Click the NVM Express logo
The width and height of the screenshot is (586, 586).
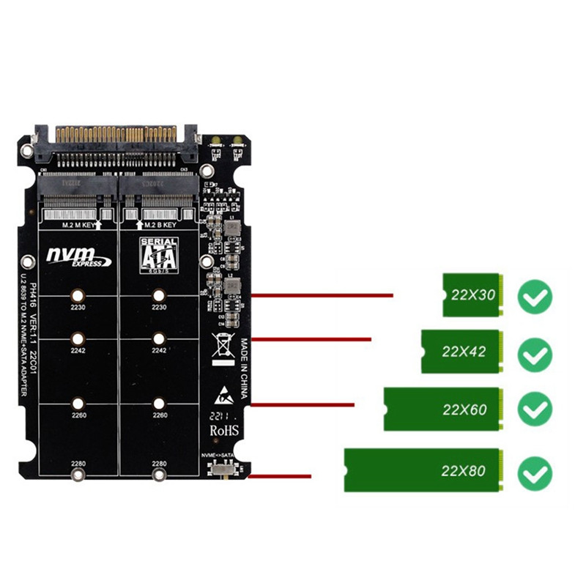tap(78, 256)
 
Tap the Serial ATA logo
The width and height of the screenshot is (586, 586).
tap(158, 255)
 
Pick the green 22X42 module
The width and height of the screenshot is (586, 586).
tap(461, 351)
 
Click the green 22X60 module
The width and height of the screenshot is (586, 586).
tap(444, 409)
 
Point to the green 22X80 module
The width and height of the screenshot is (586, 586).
tap(424, 470)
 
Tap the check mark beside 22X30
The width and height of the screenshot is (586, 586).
tap(535, 296)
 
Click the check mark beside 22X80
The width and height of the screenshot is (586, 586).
tap(535, 472)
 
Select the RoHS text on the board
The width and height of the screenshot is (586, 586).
tap(225, 431)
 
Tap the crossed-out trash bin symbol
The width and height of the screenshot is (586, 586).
tap(221, 346)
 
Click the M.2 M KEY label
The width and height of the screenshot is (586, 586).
tap(78, 226)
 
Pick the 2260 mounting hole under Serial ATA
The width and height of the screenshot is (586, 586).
tap(159, 402)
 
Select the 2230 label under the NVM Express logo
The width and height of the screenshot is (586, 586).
tap(78, 308)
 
